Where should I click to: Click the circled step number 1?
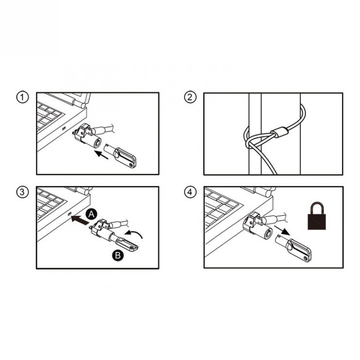[x=20, y=97]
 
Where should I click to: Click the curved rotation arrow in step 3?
[x=136, y=236]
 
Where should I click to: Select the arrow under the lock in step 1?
[x=101, y=155]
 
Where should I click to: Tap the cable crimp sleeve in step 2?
[x=280, y=132]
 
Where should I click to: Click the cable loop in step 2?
[x=253, y=141]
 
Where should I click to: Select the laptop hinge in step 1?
[x=79, y=100]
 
